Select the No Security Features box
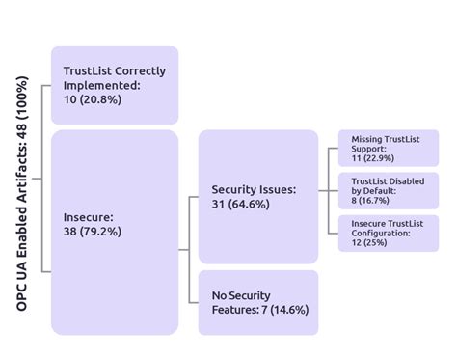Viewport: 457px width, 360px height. [x=257, y=302]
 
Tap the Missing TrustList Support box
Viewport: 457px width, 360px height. [x=388, y=148]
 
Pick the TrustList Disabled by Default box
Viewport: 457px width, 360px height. [x=388, y=191]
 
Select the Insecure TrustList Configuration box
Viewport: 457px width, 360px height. [x=388, y=233]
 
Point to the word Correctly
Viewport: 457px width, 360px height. [x=139, y=71]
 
